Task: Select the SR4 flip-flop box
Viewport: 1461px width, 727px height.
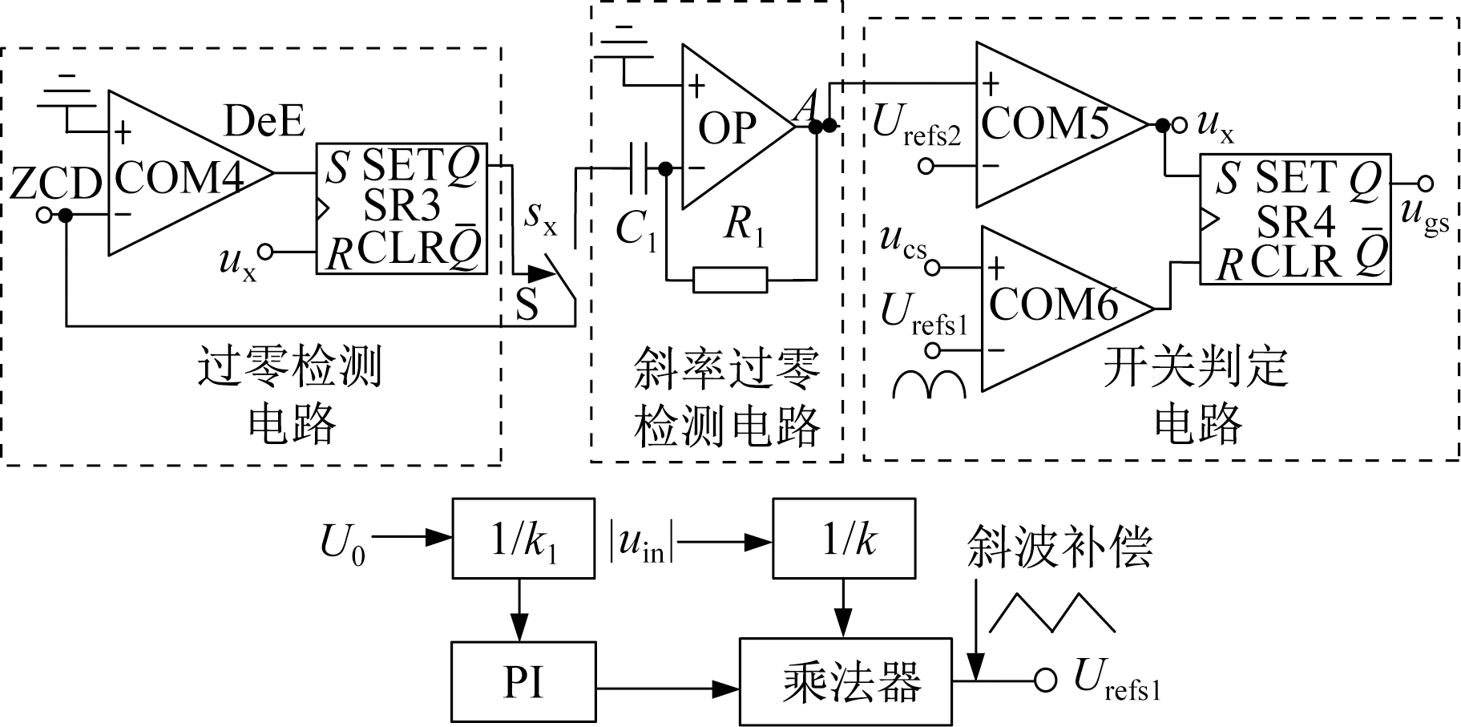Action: pos(1294,219)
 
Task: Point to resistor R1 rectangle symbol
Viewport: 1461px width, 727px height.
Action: pos(730,280)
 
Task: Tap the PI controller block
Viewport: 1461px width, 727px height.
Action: pos(523,681)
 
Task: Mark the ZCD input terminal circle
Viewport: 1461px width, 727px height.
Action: pos(45,215)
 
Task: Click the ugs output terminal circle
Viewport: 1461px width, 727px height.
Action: pos(1425,183)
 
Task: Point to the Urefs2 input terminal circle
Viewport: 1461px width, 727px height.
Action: pos(926,167)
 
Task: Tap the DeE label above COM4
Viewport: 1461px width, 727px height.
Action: pos(264,122)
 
